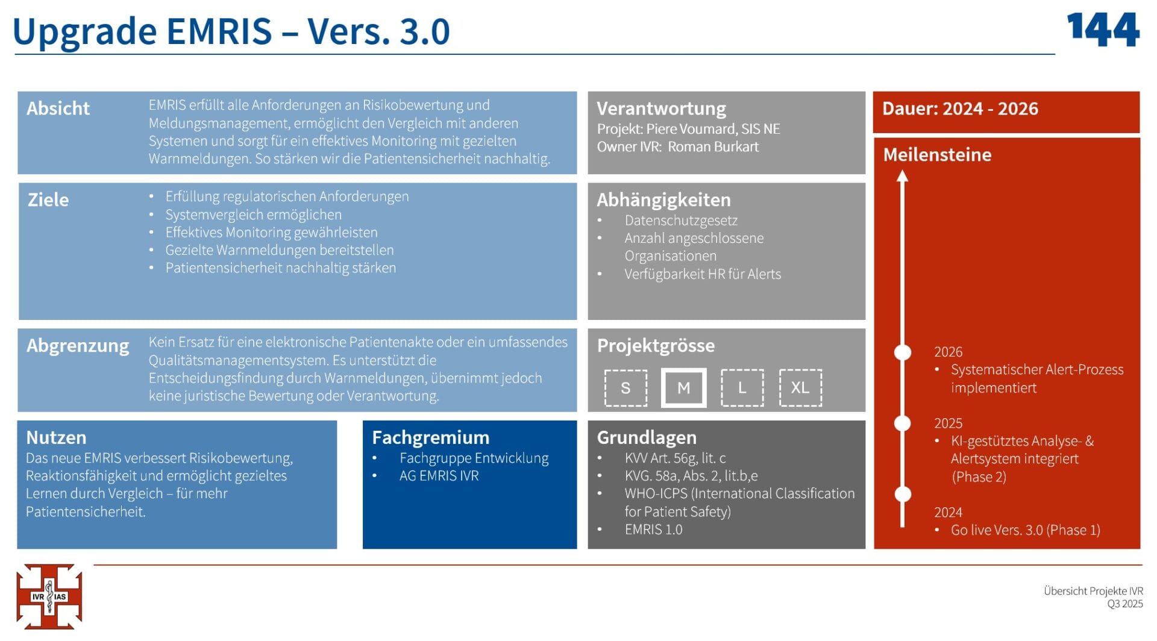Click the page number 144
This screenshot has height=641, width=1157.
pos(1103,30)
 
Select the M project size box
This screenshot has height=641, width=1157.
pos(683,387)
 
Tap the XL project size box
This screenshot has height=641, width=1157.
pos(800,387)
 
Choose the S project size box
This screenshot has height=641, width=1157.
pos(626,387)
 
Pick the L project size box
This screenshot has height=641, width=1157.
pos(742,387)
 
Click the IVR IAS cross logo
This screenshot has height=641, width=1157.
pos(49,596)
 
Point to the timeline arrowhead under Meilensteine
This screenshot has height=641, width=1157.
pos(902,176)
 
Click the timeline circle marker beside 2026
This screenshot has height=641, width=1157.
pos(902,352)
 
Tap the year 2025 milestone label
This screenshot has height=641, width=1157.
pos(948,423)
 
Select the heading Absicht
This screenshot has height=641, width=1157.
pos(58,108)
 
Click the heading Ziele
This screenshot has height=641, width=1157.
pos(48,200)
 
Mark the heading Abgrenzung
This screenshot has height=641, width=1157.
pos(78,346)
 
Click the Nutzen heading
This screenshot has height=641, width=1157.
pos(56,437)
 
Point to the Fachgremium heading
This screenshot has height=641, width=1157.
pos(430,437)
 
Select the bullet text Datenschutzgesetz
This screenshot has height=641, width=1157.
pos(681,220)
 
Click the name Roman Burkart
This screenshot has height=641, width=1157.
pos(713,147)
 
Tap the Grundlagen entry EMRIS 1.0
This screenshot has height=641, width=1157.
pos(653,530)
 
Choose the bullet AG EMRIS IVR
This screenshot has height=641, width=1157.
pos(439,476)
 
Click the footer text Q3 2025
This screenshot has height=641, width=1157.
pos(1124,604)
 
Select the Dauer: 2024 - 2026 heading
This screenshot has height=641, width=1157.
pos(960,109)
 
